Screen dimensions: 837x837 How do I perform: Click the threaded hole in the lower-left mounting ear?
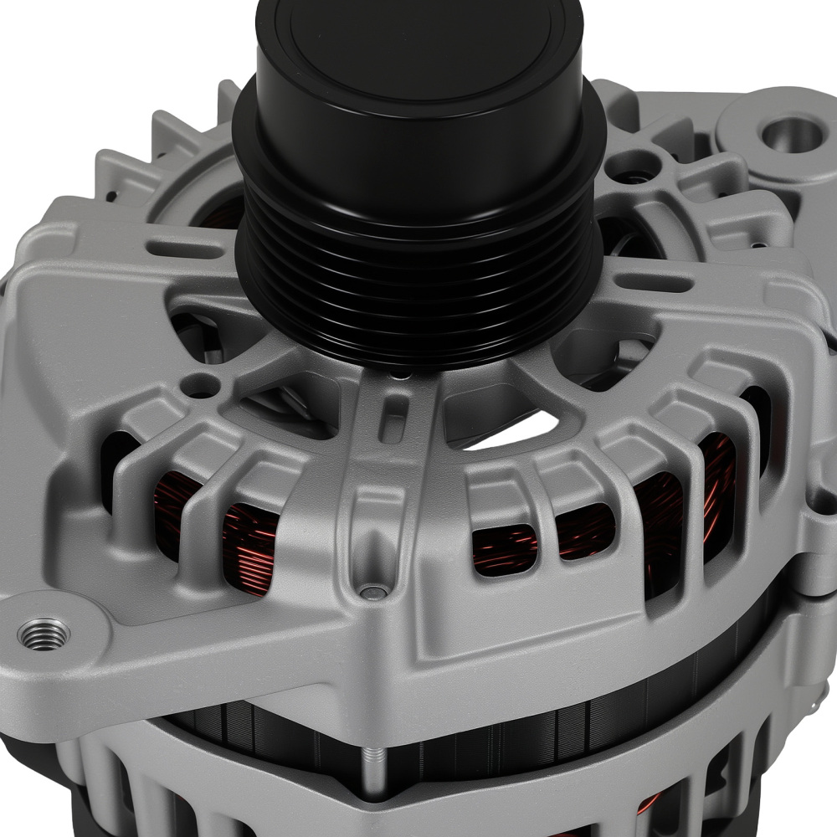pyautogui.click(x=44, y=634)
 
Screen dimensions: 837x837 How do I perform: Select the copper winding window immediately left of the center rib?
pyautogui.click(x=250, y=548)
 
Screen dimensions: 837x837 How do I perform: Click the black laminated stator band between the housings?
pyautogui.click(x=502, y=720)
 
